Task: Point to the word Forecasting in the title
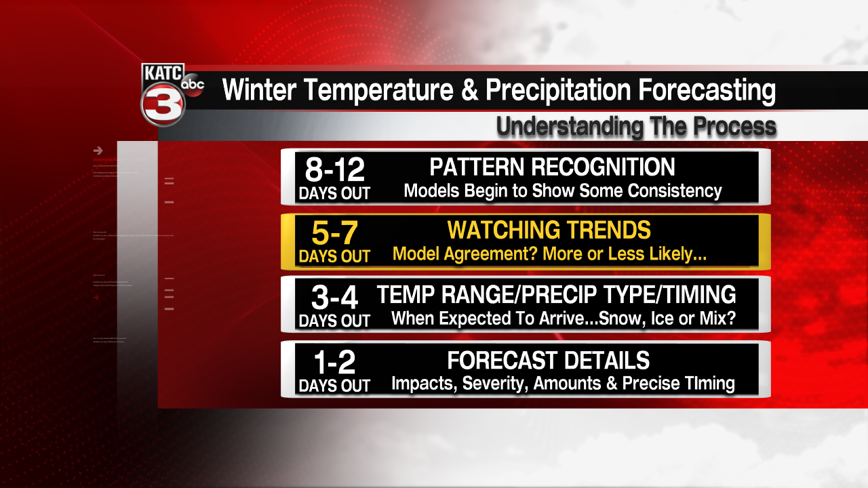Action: coord(687,90)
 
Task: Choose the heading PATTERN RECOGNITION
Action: coord(552,167)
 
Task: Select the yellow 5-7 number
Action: coord(334,232)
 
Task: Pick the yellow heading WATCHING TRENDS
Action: coord(549,230)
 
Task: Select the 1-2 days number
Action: coord(334,362)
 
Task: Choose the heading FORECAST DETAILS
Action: coord(548,360)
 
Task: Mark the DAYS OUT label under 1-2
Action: coord(334,386)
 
